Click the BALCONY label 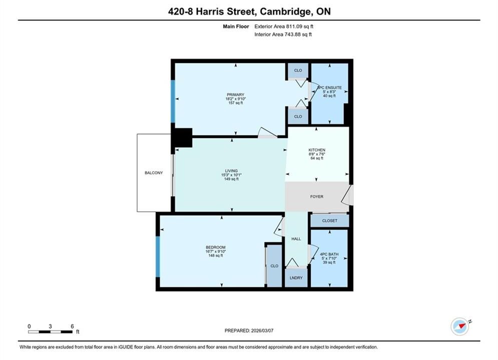tap(154, 173)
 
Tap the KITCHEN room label tap(317, 150)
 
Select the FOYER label tap(317, 196)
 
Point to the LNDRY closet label tap(296, 278)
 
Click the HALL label tap(296, 239)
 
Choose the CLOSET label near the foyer tap(330, 221)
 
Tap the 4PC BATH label tap(329, 254)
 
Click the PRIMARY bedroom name tap(236, 95)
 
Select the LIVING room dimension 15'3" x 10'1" tap(232, 175)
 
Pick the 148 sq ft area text tap(216, 255)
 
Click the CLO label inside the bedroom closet tap(274, 266)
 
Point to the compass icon tap(460, 326)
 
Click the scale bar tap(50, 332)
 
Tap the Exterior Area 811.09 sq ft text tap(284, 26)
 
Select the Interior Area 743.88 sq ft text tap(283, 34)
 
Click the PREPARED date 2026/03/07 tap(262, 330)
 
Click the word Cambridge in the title tap(285, 11)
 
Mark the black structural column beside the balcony tap(182, 137)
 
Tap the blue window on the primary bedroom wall tap(173, 101)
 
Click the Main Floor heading tap(236, 26)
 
